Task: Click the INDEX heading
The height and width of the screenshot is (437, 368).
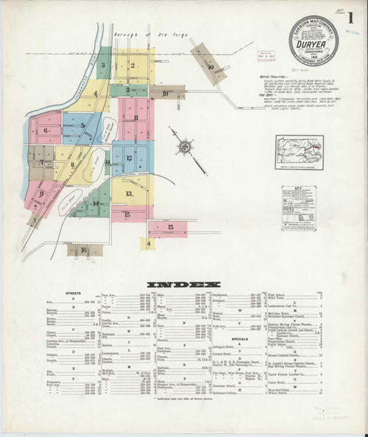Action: pos(183,284)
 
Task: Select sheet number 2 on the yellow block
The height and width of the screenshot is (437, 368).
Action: pos(132,66)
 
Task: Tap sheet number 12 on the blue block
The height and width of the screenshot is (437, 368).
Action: pos(129,158)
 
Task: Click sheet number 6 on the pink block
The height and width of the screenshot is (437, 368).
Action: pos(46,131)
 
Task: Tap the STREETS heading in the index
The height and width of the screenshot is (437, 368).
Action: pos(73,293)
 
